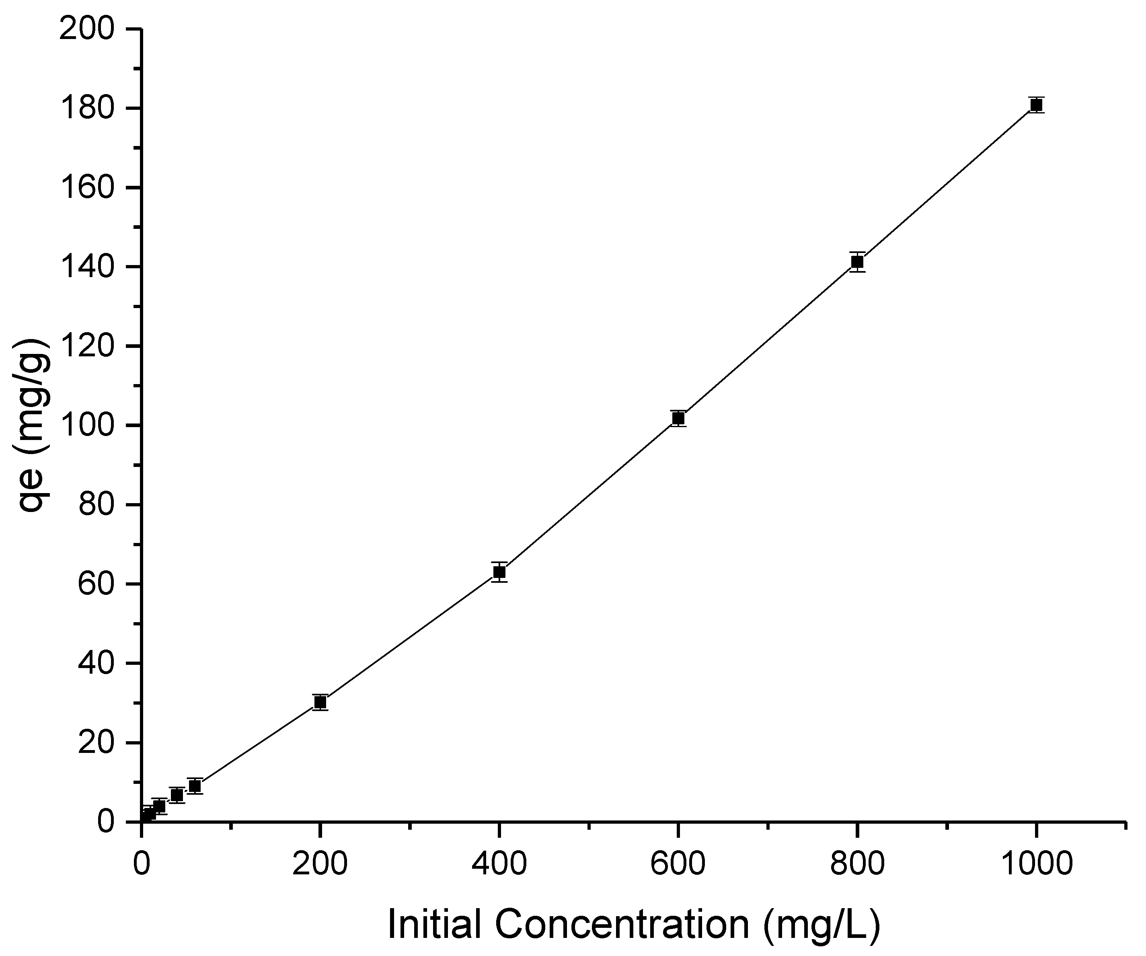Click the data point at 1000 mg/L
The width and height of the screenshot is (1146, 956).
[1036, 105]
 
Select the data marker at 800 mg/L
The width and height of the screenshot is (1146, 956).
[857, 262]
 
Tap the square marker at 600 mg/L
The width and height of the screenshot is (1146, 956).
[678, 418]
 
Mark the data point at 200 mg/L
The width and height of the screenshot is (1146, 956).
[320, 702]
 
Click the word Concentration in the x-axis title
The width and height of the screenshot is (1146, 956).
[622, 924]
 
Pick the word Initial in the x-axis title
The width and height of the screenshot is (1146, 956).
[434, 924]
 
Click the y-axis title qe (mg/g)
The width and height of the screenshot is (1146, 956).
[34, 426]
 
